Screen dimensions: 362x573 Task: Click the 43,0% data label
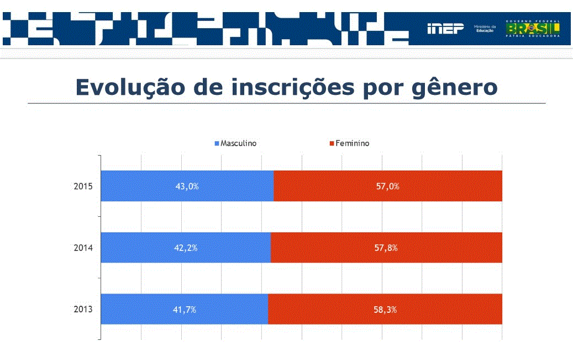(187, 187)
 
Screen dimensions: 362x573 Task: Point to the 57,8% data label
(386, 248)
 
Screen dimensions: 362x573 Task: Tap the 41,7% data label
(184, 310)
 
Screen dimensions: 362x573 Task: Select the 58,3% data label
(385, 310)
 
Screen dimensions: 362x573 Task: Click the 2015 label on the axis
(82, 187)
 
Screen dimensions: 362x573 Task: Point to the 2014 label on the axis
(82, 248)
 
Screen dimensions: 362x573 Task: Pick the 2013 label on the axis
(82, 310)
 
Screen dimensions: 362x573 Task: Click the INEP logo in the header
(445, 29)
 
